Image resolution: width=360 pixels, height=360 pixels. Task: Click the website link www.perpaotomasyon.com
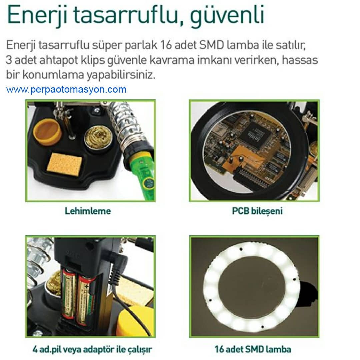tap(66, 90)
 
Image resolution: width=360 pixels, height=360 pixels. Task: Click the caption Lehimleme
tap(88, 211)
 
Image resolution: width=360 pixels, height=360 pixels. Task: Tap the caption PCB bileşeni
tap(257, 211)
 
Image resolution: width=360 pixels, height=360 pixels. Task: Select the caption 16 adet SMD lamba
tap(253, 349)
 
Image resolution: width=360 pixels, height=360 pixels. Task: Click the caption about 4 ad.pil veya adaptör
tap(92, 349)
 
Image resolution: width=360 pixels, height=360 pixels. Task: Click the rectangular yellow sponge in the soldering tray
tap(65, 163)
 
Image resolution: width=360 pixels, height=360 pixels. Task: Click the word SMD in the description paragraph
tap(211, 45)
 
